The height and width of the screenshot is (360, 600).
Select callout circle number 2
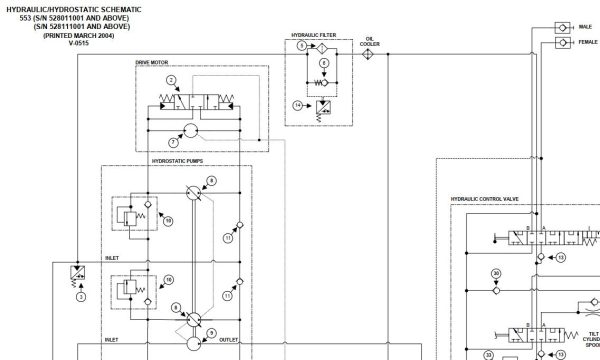(x=171, y=79)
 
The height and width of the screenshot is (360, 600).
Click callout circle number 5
(x=301, y=47)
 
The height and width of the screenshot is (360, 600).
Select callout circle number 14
(x=298, y=105)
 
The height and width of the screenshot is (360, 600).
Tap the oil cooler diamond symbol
(x=367, y=56)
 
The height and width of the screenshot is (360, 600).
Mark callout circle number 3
(x=81, y=296)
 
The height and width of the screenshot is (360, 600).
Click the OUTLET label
(x=229, y=340)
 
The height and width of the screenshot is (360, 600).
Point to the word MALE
(x=585, y=27)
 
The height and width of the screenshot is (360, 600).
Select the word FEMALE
(x=587, y=43)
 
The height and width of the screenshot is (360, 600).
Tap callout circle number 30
(x=496, y=273)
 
